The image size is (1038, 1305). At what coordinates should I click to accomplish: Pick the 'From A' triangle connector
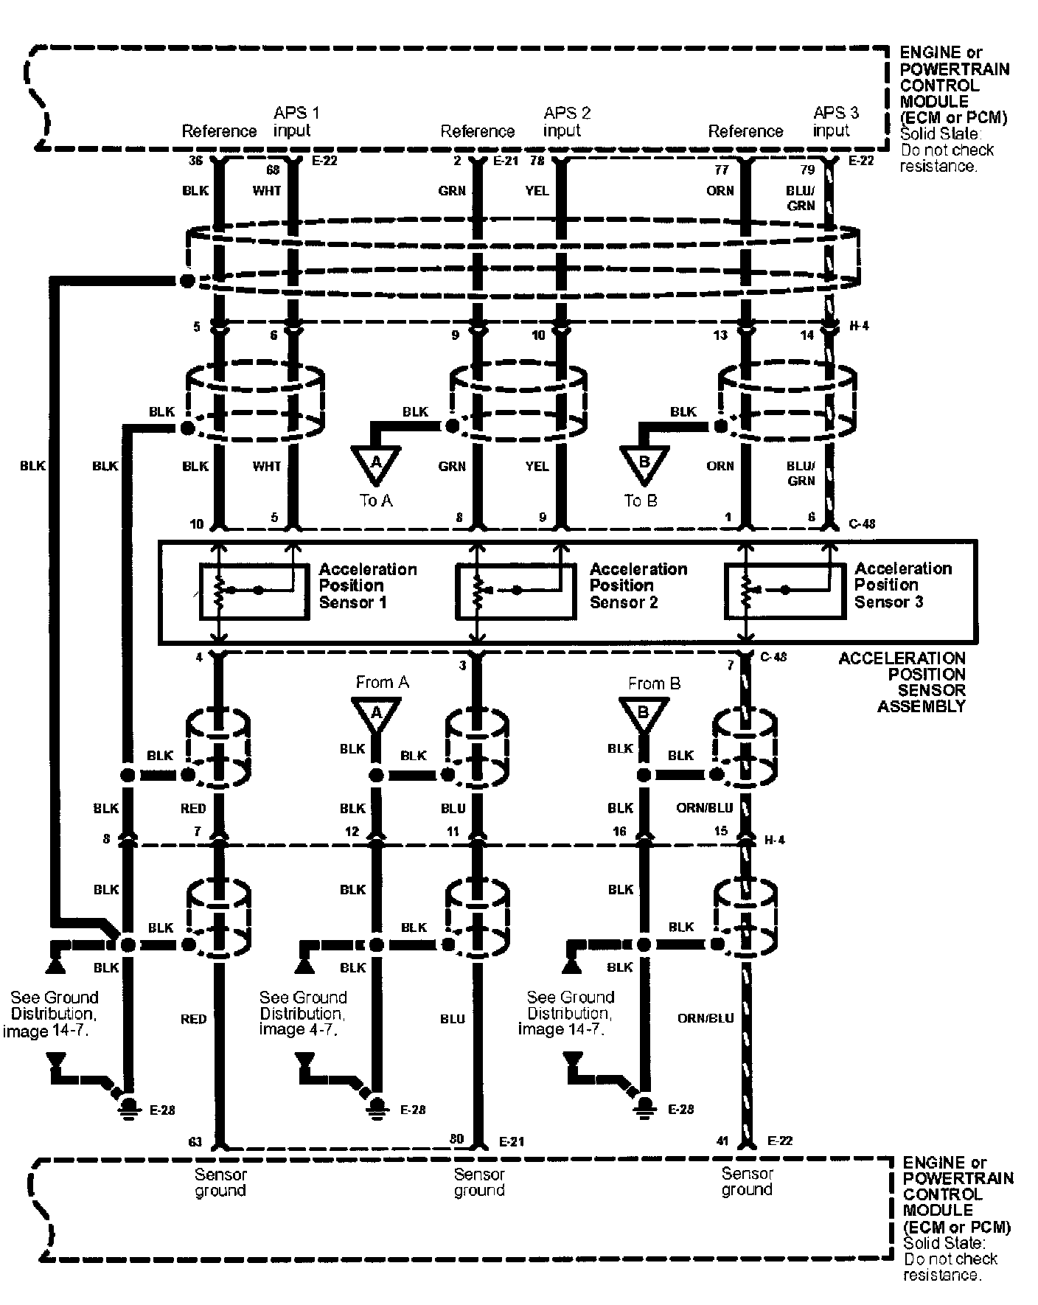point(376,714)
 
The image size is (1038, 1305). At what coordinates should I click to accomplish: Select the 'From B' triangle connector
point(644,714)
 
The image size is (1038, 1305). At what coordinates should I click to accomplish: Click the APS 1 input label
point(296,122)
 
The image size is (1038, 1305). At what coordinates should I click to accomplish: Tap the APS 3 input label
point(835,122)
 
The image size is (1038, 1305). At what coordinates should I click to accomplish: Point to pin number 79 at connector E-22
point(807,170)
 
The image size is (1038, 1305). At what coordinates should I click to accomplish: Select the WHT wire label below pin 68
point(267,191)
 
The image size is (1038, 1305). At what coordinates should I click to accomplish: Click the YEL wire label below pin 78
point(537,191)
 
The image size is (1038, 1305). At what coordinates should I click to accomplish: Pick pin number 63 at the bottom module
point(195,1142)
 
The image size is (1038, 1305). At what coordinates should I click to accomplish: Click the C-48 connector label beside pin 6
point(861,524)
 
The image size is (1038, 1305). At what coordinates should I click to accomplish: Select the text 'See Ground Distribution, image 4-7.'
point(302,1013)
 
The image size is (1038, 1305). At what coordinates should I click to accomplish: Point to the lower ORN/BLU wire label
point(706,1018)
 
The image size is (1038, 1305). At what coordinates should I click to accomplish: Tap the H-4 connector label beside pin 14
point(858,325)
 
